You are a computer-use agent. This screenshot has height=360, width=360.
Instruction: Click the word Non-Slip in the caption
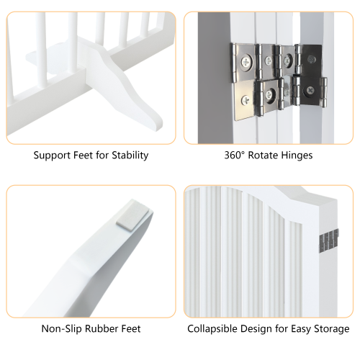(x=61, y=329)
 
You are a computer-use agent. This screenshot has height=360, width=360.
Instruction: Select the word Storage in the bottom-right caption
(x=330, y=329)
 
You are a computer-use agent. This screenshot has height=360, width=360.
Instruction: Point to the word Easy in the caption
(x=299, y=329)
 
